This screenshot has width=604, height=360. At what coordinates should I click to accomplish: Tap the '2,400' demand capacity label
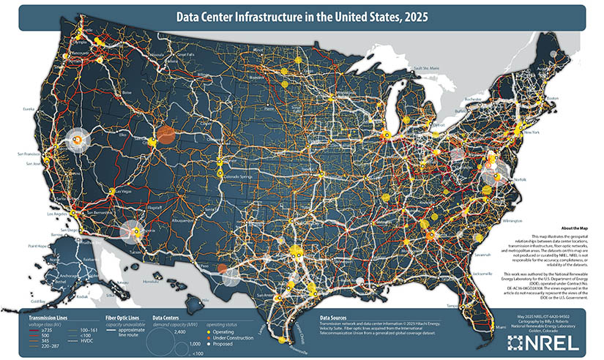click(181, 331)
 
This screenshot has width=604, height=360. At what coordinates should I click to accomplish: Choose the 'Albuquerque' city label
click(184, 220)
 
